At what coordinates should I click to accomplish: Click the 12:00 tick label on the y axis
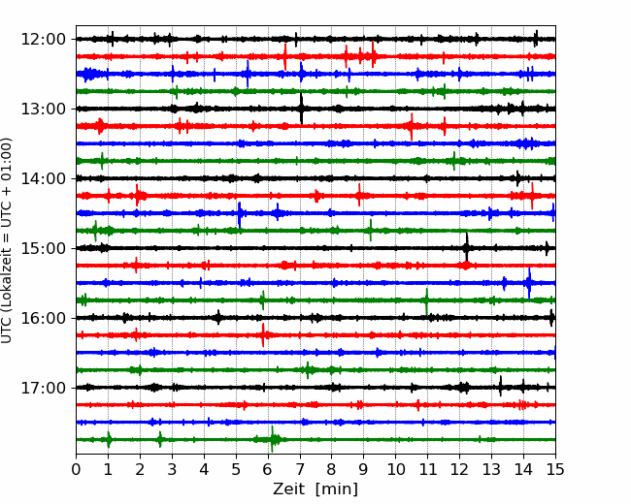click(43, 40)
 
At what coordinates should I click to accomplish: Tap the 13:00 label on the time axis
click(43, 109)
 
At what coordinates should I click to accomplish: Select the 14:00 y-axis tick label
click(43, 178)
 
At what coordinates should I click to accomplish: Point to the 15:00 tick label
click(43, 248)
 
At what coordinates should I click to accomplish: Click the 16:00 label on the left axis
click(43, 318)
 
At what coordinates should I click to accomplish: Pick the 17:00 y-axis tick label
click(43, 388)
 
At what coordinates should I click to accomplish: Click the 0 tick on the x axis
click(76, 469)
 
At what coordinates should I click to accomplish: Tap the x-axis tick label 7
click(300, 469)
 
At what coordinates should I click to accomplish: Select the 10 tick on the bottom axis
click(395, 469)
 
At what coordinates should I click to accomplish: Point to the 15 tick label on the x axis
click(555, 469)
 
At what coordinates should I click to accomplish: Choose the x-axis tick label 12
click(459, 469)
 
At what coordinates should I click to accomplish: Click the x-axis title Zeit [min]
click(315, 489)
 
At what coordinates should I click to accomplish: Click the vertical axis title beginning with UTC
click(7, 240)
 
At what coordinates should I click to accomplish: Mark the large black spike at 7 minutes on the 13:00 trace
click(301, 109)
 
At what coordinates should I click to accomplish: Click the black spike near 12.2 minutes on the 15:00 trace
click(467, 247)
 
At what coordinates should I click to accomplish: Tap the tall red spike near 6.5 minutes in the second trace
click(285, 56)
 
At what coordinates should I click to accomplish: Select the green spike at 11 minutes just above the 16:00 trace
click(426, 301)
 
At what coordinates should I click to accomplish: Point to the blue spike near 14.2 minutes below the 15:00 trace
click(529, 283)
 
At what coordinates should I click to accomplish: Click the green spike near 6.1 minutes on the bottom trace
click(273, 439)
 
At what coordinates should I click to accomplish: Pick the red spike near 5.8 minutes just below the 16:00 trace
click(263, 334)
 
